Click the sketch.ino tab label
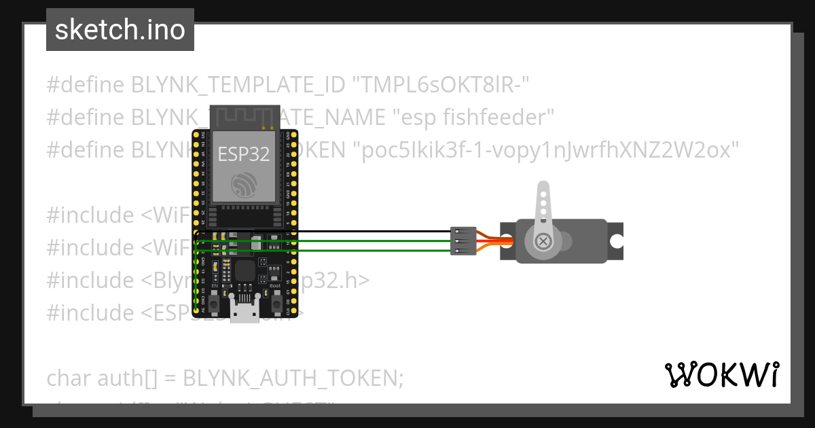point(120,30)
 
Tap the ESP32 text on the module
point(243,154)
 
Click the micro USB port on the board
point(244,312)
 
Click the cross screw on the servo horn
point(543,240)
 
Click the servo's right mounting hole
point(616,240)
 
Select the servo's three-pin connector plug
point(463,241)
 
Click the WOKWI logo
point(721,374)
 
